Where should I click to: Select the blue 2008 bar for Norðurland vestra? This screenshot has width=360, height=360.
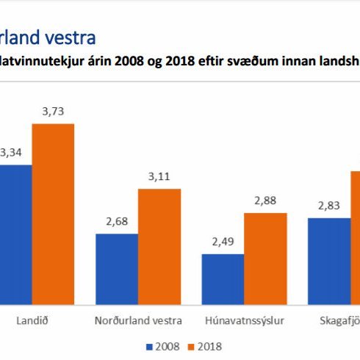click(x=117, y=269)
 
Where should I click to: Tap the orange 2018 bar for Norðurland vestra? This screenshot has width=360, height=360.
click(x=159, y=246)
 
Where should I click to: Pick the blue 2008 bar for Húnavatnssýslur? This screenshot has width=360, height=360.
click(x=223, y=279)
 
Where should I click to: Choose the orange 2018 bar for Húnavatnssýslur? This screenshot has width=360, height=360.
click(x=265, y=259)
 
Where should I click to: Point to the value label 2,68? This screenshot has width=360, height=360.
click(x=117, y=221)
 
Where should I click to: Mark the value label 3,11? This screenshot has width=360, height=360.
click(x=159, y=176)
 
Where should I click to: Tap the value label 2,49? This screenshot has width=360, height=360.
click(x=223, y=242)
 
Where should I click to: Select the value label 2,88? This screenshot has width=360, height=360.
click(x=265, y=201)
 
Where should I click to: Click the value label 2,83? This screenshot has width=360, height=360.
click(x=328, y=205)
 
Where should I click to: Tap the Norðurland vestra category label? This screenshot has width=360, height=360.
click(x=137, y=321)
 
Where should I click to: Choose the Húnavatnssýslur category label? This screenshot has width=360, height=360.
click(x=244, y=321)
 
